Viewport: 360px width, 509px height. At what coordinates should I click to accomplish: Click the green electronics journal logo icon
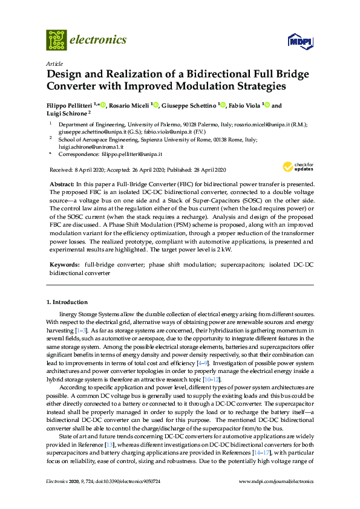tap(57, 40)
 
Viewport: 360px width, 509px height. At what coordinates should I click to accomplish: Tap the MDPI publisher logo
tap(300, 41)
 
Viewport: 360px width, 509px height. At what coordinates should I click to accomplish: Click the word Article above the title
tap(54, 63)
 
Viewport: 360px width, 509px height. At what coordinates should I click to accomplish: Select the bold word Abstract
tap(60, 183)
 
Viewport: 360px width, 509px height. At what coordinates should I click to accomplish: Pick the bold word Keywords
tap(64, 265)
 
